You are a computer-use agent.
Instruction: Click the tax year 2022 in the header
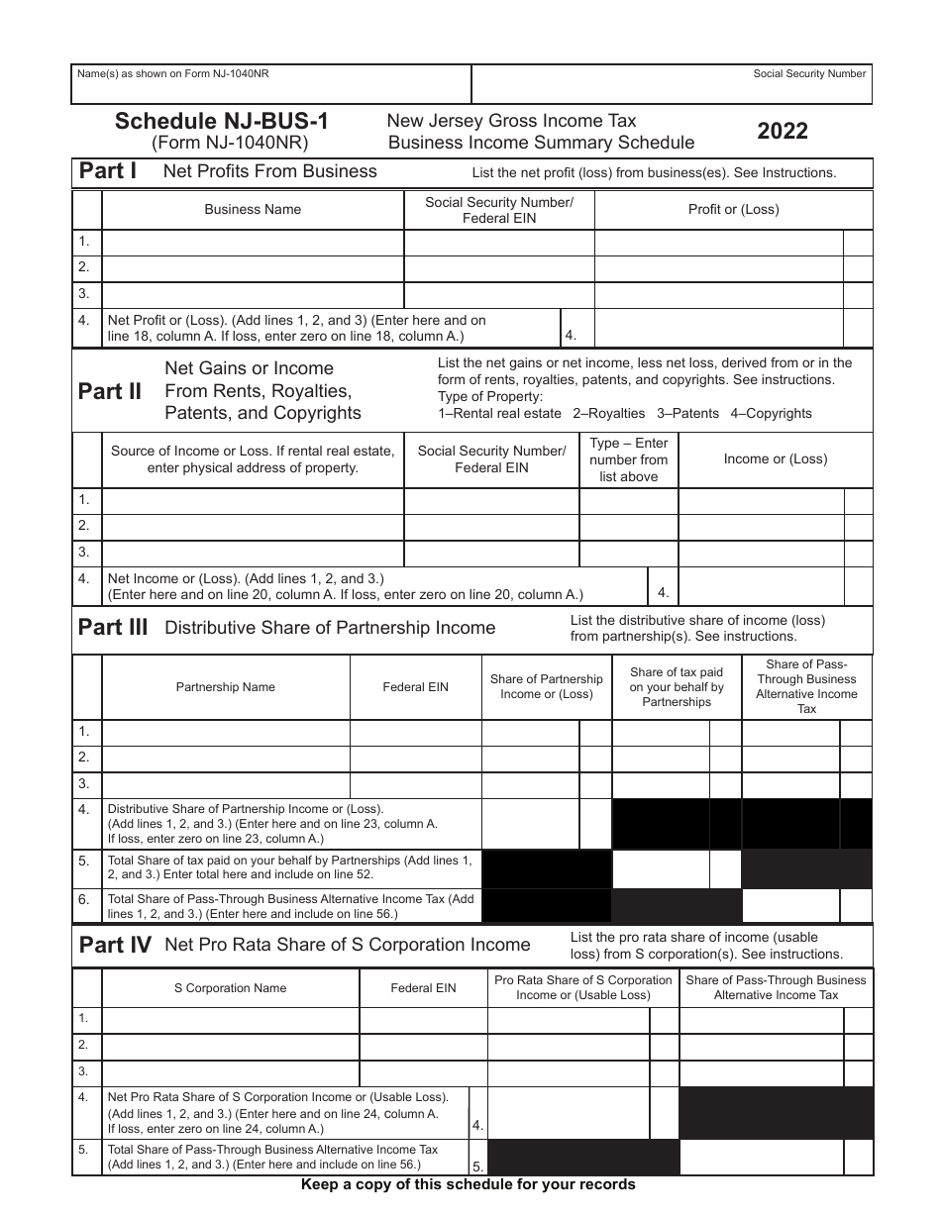coord(783,132)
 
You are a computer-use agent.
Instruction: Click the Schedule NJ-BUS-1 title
coord(222,122)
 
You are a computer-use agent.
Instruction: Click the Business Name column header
coord(253,210)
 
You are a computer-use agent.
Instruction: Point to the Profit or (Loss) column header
coord(733,210)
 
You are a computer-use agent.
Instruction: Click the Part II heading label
coord(110,391)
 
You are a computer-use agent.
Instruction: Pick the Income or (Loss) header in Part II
coord(775,459)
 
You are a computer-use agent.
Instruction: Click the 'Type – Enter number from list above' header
coord(628,459)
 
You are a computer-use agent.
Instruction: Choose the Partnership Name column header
coord(226,687)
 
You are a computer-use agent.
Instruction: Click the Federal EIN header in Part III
coord(415,687)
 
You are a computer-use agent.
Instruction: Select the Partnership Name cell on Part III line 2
coord(226,758)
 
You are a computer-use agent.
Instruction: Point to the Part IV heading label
coord(114,946)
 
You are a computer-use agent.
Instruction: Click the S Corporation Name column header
coord(230,988)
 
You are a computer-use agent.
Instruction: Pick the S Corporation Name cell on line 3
coord(230,1072)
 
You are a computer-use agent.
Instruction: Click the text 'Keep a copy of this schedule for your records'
coord(469,1184)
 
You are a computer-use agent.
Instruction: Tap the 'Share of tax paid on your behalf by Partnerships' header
coord(677,687)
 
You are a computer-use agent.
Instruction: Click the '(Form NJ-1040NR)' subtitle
coord(230,143)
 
